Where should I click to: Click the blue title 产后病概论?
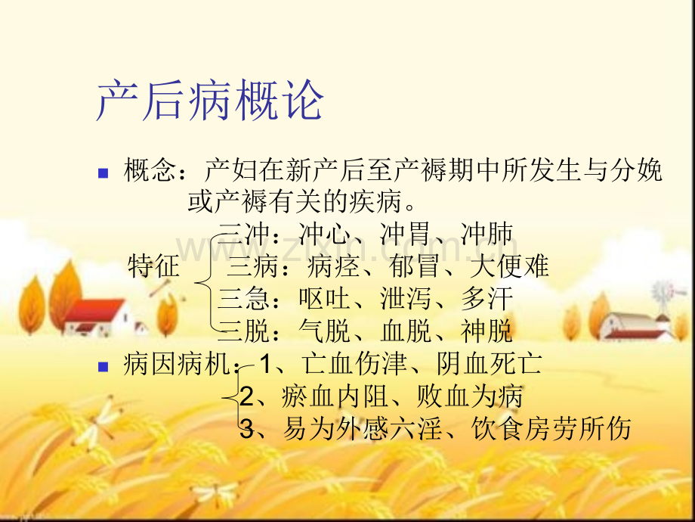click(x=210, y=101)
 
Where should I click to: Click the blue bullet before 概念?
click(x=103, y=172)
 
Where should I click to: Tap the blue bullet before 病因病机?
click(x=103, y=367)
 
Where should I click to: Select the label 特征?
click(x=154, y=266)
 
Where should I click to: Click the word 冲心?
click(x=325, y=234)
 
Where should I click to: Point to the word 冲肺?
click(x=486, y=234)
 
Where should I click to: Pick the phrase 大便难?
click(x=509, y=266)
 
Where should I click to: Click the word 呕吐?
click(x=325, y=299)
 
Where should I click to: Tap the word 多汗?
click(x=486, y=299)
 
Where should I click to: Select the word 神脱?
click(x=486, y=331)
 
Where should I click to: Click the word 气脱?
click(x=325, y=331)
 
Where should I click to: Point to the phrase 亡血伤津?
click(x=354, y=364)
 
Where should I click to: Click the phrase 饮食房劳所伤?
click(x=551, y=428)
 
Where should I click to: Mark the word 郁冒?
click(x=415, y=266)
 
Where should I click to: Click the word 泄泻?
click(x=406, y=299)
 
